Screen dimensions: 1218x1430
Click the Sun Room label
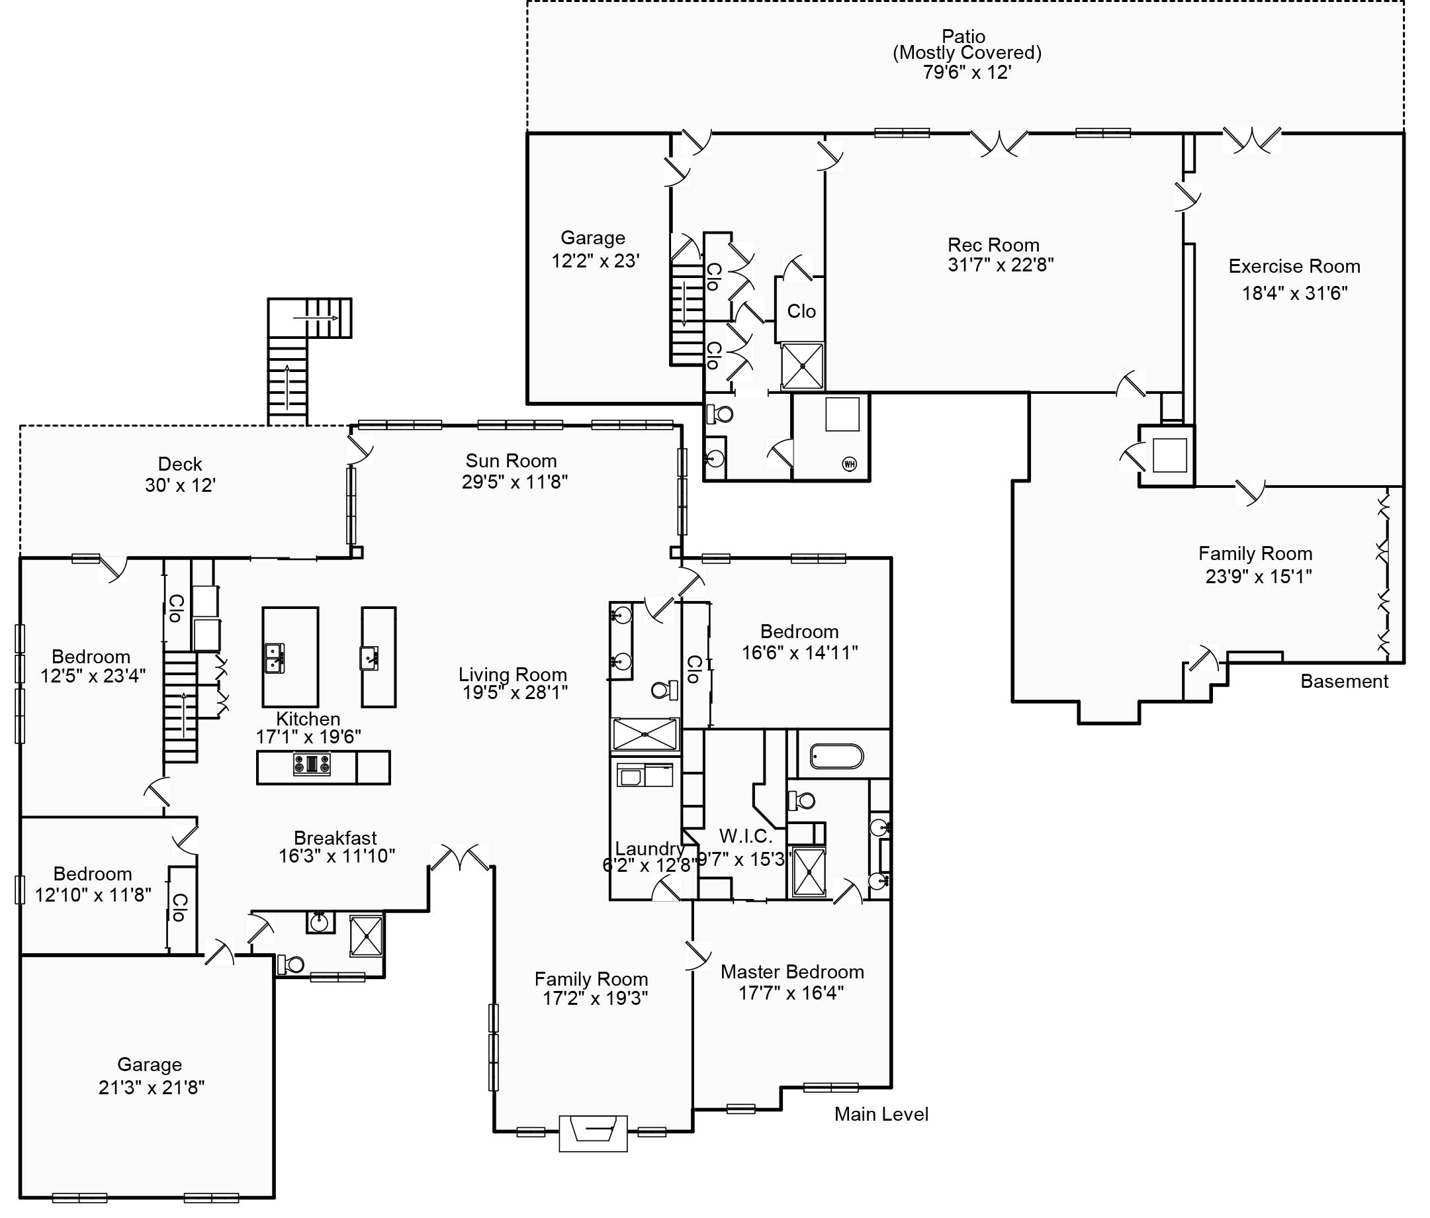click(x=511, y=461)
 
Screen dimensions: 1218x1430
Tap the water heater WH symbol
click(x=849, y=464)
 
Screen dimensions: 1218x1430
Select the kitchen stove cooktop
click(x=312, y=765)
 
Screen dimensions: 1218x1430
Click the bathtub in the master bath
click(x=836, y=757)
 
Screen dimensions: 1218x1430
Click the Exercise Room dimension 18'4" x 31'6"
click(x=1294, y=293)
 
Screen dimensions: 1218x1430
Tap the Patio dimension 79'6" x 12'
click(x=966, y=73)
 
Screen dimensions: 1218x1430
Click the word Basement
click(x=1344, y=682)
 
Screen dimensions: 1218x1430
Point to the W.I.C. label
click(x=745, y=836)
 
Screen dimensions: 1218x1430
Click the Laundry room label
click(x=649, y=849)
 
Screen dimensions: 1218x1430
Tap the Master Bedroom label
click(x=791, y=972)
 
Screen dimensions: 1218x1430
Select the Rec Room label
click(x=993, y=245)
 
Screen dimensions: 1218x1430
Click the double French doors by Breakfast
click(x=460, y=859)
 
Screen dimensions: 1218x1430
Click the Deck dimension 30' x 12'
click(x=180, y=485)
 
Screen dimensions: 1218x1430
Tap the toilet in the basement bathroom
click(x=721, y=414)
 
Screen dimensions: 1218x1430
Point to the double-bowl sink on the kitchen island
click(x=275, y=657)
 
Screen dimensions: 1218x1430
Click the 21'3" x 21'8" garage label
click(x=151, y=1088)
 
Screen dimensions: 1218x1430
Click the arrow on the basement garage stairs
click(x=684, y=304)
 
